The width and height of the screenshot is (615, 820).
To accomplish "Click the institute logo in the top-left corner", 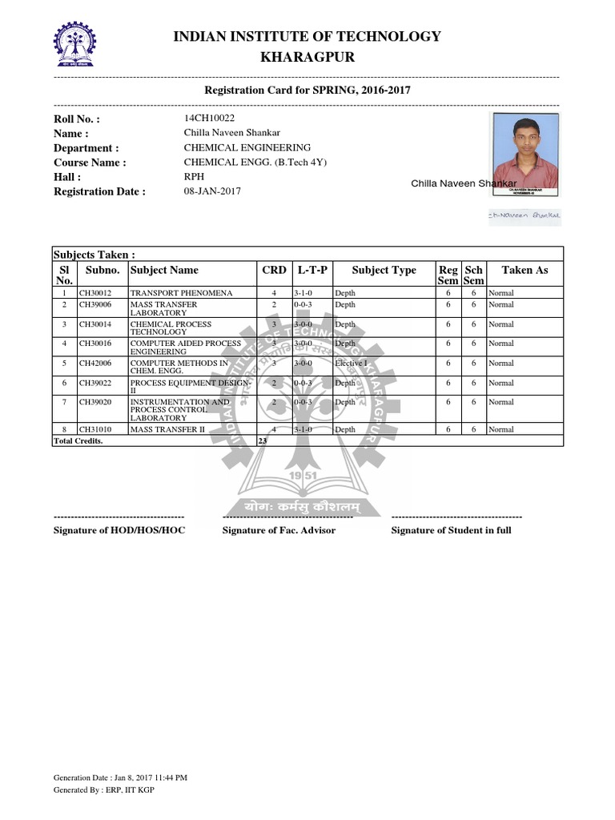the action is (x=73, y=45).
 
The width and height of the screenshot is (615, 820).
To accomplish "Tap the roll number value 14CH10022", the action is (x=209, y=119).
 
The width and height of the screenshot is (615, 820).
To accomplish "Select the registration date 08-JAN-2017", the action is (x=212, y=191).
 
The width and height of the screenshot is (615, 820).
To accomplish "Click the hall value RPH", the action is (x=194, y=177).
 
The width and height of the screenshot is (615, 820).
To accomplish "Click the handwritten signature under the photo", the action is (x=525, y=215).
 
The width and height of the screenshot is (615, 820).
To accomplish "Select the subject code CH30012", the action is (x=95, y=293).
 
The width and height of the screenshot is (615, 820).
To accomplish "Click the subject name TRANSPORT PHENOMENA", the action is (x=181, y=293).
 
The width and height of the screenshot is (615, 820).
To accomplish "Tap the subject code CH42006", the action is (x=95, y=363).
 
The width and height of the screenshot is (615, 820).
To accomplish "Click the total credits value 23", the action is (x=263, y=441).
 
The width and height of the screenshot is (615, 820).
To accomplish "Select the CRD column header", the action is (x=274, y=270).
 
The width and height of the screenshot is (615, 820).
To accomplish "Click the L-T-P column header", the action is (x=312, y=270).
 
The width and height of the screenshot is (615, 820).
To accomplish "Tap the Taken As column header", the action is (x=525, y=270).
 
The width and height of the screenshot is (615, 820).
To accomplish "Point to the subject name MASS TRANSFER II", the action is (x=167, y=430).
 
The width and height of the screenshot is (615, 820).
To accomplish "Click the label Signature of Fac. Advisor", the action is (x=279, y=530).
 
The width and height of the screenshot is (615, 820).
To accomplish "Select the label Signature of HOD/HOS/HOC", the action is (x=119, y=530).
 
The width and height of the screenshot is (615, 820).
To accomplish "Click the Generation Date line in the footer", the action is (x=120, y=778).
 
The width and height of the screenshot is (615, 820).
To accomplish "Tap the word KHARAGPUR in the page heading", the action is (x=307, y=58).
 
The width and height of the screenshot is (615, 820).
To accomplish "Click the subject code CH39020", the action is (x=95, y=402).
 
